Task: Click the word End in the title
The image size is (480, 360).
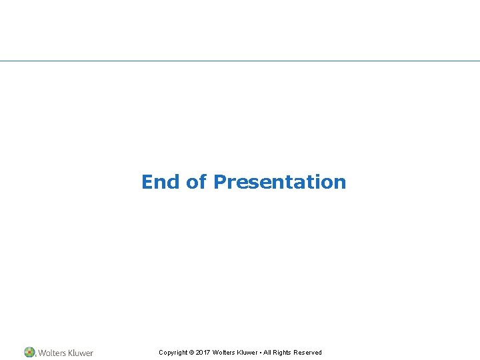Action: click(x=161, y=181)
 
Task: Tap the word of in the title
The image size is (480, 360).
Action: click(x=197, y=181)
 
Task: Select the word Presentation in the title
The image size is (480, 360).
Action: click(x=279, y=182)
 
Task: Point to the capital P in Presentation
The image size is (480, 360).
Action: click(x=220, y=181)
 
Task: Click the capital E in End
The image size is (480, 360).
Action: click(x=147, y=181)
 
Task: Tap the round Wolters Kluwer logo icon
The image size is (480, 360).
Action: click(x=30, y=352)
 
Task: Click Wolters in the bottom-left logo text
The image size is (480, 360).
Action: click(x=52, y=353)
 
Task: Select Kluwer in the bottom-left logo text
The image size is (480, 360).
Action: click(x=81, y=353)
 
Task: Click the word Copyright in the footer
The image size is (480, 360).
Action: click(x=173, y=353)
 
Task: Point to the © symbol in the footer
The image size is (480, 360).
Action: click(x=191, y=353)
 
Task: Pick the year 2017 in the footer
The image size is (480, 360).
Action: click(x=203, y=353)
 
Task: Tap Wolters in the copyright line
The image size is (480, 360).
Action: click(x=223, y=353)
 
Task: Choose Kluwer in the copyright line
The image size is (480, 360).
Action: click(x=248, y=353)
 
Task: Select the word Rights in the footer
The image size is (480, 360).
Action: click(x=283, y=353)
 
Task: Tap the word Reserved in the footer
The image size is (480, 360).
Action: click(x=308, y=353)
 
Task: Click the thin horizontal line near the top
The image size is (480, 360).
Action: click(x=240, y=61)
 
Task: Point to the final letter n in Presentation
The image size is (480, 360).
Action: click(x=340, y=183)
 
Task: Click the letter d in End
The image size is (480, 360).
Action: click(x=175, y=181)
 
